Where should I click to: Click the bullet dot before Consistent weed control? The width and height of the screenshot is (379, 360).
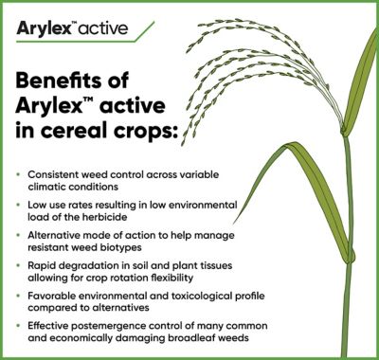[x=22, y=176]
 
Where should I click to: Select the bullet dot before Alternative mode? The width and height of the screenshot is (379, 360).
[x=22, y=234]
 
